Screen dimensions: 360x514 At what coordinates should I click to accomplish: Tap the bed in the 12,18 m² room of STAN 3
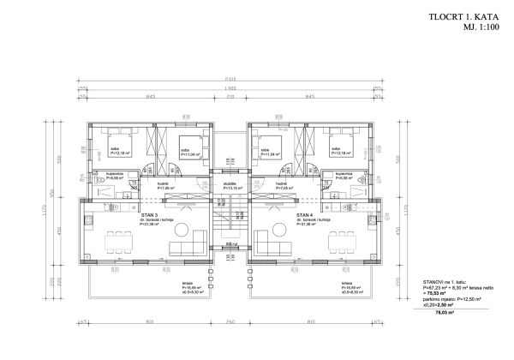coord(114,135)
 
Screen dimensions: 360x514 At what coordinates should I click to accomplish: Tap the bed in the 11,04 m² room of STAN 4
coord(269,140)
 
